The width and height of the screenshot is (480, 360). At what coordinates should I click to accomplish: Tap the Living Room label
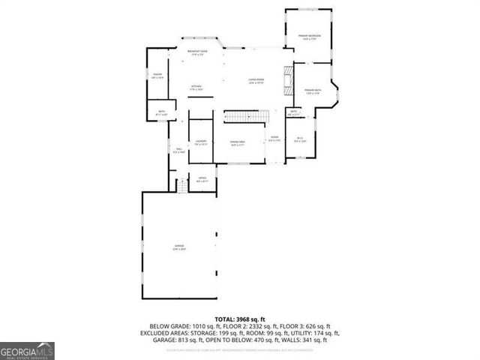point(256,81)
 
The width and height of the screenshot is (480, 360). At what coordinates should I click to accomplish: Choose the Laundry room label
point(201,142)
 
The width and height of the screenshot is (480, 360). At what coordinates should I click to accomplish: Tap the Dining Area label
point(238,142)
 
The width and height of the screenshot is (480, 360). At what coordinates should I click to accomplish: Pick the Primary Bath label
point(313,91)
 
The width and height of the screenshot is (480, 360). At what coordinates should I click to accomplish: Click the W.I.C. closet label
point(300,139)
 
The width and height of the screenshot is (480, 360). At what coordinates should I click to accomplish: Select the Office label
point(202,178)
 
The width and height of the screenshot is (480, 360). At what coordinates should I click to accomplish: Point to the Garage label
point(180,247)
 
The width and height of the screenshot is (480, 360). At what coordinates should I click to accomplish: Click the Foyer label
point(275,139)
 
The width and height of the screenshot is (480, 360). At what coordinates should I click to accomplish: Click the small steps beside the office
point(181,184)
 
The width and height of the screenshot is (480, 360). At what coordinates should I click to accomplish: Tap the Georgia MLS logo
point(27,351)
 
